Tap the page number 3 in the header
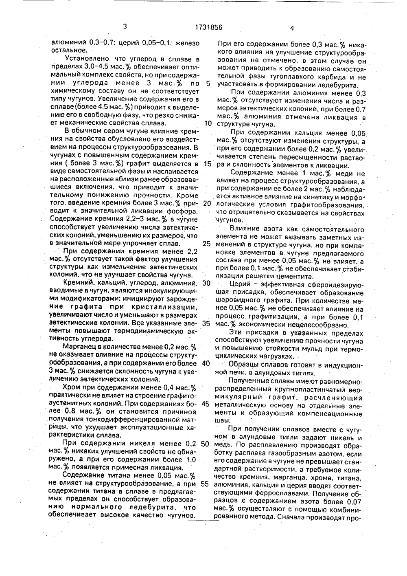point(125,27)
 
